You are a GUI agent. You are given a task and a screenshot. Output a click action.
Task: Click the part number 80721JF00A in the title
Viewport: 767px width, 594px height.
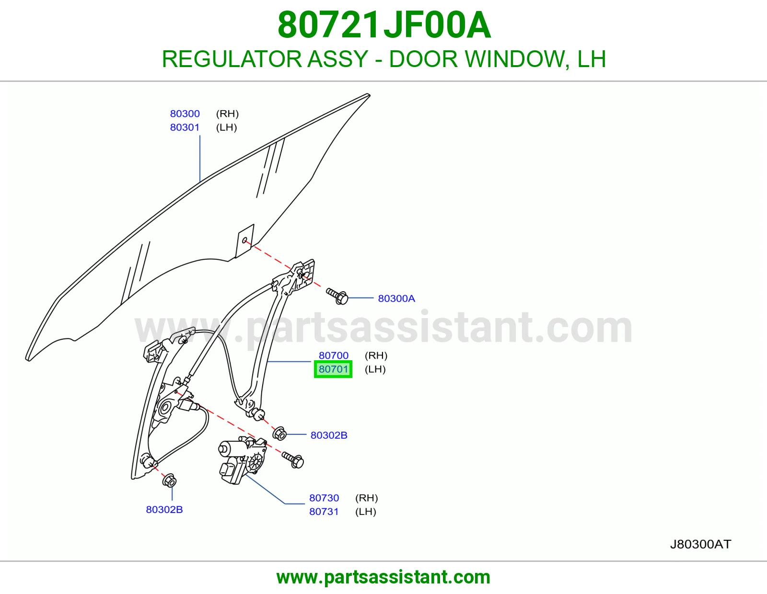point(384,25)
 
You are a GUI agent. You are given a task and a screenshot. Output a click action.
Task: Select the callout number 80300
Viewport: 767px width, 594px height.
point(185,114)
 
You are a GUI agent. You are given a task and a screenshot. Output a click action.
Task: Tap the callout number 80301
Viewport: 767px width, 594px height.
point(185,127)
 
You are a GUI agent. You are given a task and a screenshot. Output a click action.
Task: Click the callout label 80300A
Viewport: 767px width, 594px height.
point(396,298)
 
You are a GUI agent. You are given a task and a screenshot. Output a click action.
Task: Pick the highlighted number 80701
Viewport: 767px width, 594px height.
point(333,369)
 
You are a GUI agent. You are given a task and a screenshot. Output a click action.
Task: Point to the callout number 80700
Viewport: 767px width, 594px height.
point(333,355)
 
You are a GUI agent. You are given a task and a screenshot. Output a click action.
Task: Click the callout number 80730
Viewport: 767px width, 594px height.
point(324,498)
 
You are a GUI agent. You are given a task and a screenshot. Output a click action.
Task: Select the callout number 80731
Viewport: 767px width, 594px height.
point(324,512)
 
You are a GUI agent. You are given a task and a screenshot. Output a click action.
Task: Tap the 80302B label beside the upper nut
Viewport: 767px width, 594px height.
point(329,435)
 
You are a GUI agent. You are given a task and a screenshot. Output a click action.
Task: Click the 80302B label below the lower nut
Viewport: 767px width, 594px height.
point(164,510)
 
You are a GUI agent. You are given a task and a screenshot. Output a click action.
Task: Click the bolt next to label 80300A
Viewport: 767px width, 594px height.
point(337,296)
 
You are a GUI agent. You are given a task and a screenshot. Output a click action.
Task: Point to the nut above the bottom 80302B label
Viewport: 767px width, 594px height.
point(169,481)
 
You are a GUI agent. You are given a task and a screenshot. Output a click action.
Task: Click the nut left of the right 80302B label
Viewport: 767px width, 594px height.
point(279,434)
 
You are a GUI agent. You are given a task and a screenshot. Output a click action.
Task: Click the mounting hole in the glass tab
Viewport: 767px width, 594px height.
point(244,240)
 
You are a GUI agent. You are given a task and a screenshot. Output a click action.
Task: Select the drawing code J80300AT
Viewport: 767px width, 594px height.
point(701,544)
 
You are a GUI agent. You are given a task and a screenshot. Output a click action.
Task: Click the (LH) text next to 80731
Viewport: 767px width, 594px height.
point(366,512)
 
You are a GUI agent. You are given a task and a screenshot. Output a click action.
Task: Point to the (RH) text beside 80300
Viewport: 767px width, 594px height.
point(227,114)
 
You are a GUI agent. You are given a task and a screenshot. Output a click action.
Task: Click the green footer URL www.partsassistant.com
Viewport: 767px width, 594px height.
point(383,577)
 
